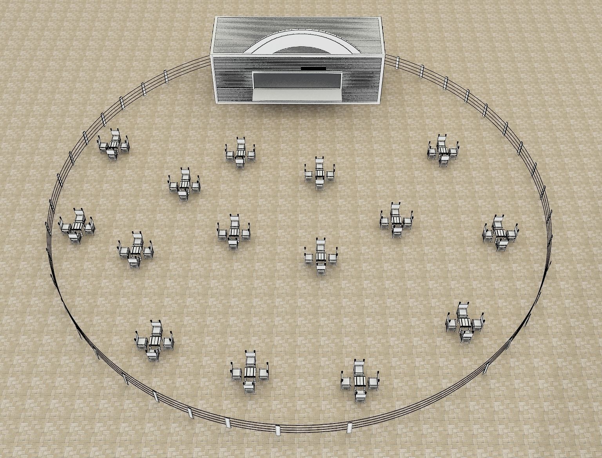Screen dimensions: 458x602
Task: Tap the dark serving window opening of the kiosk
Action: (297, 80)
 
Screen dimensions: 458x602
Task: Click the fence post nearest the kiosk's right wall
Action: (397, 62)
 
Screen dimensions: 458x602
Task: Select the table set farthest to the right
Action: (500, 233)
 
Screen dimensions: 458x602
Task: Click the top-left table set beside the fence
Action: (113, 145)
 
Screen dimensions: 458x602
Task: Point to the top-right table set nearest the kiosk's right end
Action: (443, 150)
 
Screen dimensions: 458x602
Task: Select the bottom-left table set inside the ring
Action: (154, 341)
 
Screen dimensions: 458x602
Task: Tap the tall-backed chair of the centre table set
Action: (321, 246)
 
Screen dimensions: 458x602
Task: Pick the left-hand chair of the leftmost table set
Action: (63, 226)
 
